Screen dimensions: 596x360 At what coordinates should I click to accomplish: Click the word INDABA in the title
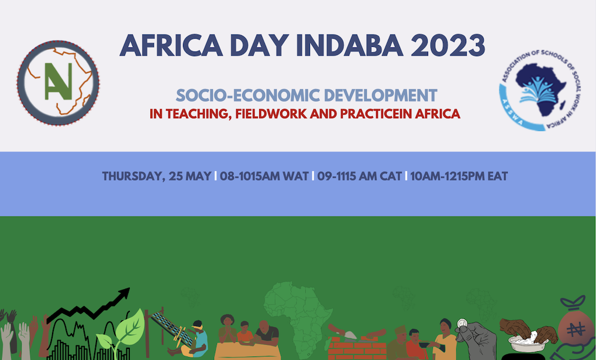coord(349,45)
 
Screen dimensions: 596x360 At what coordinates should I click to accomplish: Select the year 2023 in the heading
coord(448,45)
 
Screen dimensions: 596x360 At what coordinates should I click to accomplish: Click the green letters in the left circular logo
coord(58,81)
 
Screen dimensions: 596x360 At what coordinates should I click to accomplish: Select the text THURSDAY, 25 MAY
coord(157,176)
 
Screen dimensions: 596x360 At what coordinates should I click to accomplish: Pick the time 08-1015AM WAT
coord(264,176)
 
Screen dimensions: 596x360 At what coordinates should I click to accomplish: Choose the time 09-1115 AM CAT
coord(359,176)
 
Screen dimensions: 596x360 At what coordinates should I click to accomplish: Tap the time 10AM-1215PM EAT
coord(459,176)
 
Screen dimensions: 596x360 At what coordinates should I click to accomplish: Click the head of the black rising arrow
coord(123,294)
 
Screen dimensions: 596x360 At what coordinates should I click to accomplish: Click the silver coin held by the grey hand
coord(462,324)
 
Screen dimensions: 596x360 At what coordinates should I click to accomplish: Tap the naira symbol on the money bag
coord(576,330)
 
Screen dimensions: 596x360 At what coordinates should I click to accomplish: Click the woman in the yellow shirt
coord(445,340)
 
